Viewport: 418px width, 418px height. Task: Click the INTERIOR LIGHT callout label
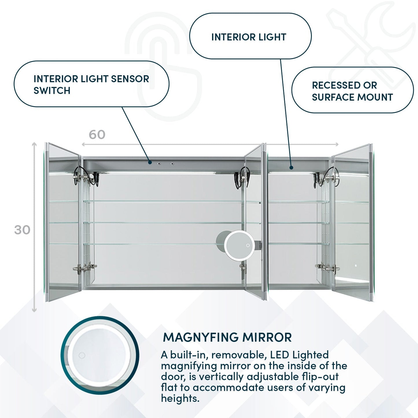[x=249, y=37]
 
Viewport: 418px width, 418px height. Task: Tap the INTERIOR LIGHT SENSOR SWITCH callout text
[x=91, y=84]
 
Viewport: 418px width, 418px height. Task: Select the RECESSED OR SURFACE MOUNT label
[x=352, y=91]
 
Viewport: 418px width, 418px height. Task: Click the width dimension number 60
[x=97, y=135]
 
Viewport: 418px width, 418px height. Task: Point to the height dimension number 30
[x=22, y=230]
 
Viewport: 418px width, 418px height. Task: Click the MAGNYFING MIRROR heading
[x=227, y=337]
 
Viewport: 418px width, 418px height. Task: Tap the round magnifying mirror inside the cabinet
[x=239, y=245]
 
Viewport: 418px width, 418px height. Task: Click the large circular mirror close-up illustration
[x=100, y=355]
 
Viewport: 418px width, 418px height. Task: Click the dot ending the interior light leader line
[x=291, y=167]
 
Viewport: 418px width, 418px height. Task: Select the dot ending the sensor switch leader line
[x=150, y=162]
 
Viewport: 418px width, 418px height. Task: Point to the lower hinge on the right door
[x=327, y=267]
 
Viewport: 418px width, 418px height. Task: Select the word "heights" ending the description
[x=180, y=398]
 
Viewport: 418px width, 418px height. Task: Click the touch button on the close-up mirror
[x=82, y=355]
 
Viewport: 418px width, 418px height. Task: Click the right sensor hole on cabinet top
[x=172, y=164]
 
